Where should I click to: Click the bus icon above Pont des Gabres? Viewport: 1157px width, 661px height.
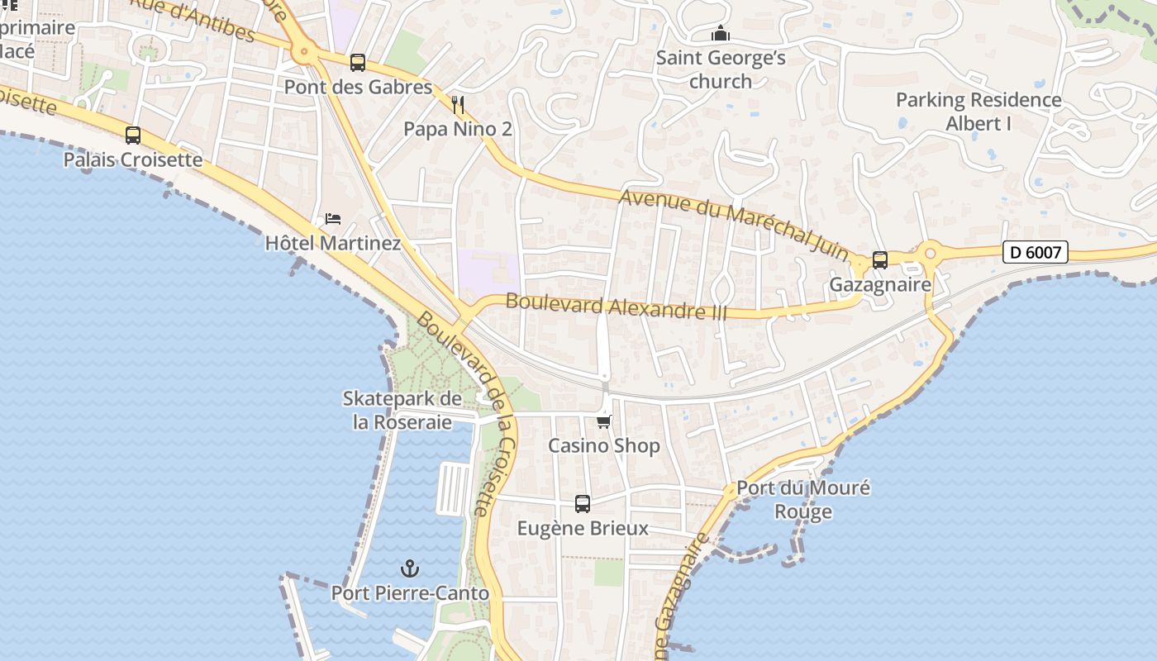click(x=358, y=62)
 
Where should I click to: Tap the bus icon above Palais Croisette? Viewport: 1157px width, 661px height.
click(x=133, y=136)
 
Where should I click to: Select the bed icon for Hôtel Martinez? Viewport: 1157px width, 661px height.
click(x=333, y=219)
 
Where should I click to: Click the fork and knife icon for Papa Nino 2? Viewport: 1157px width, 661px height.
click(x=459, y=105)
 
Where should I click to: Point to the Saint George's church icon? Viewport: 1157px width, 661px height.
click(x=721, y=34)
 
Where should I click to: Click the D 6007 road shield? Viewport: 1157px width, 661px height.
click(x=1036, y=252)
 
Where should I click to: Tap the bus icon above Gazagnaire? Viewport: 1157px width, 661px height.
click(x=880, y=260)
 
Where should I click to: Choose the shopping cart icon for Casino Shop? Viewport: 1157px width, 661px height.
click(x=604, y=422)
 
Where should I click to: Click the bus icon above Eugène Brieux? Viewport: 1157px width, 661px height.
click(x=583, y=504)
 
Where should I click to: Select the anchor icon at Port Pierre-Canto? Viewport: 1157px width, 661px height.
click(x=410, y=568)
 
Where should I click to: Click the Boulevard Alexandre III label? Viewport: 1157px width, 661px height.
click(x=617, y=307)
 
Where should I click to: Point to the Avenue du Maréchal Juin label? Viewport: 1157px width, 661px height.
click(x=734, y=221)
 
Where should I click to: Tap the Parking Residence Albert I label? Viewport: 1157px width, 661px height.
click(x=978, y=112)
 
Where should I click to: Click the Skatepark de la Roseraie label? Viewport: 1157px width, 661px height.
click(x=402, y=411)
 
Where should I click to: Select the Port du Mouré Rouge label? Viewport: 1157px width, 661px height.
click(x=803, y=499)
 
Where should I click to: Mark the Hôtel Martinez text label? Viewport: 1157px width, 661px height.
click(x=333, y=243)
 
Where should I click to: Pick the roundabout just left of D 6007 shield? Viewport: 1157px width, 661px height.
click(x=931, y=252)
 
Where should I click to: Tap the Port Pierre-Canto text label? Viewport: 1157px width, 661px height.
click(x=410, y=593)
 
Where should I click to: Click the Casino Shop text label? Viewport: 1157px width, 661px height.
click(x=604, y=446)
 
